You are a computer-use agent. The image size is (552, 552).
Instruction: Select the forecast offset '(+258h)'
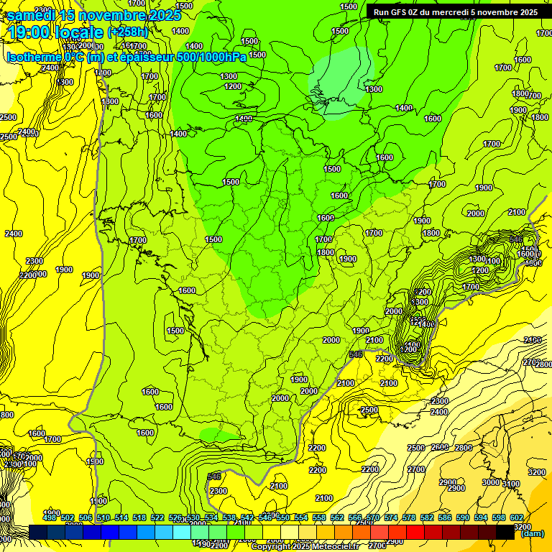pyautogui.click(x=128, y=32)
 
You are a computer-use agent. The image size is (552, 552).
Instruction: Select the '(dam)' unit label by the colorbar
pyautogui.click(x=532, y=533)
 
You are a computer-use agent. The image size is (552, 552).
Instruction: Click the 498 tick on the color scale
pyautogui.click(x=50, y=517)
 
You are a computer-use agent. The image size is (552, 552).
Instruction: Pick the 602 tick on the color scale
pyautogui.click(x=516, y=517)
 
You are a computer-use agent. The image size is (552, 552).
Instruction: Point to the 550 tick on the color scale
pyautogui.click(x=283, y=517)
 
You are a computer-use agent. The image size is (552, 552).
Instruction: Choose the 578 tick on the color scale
pyautogui.click(x=408, y=517)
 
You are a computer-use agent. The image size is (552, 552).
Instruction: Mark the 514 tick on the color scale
pyautogui.click(x=121, y=517)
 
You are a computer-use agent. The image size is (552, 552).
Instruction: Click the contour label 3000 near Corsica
pyautogui.click(x=491, y=482)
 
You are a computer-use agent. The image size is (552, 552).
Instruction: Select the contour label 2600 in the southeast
pyautogui.click(x=439, y=447)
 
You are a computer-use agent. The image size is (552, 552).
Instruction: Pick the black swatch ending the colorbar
pyautogui.click(x=506, y=532)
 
